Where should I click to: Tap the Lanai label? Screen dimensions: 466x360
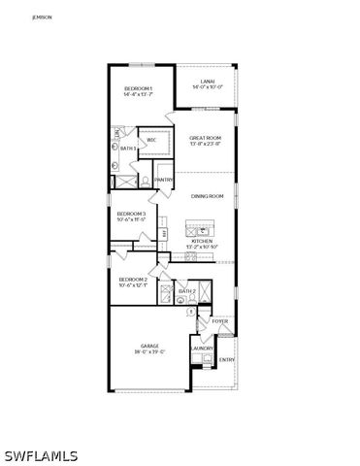tap(208, 81)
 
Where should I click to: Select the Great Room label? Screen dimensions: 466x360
tap(205, 139)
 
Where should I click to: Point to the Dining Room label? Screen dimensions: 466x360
tap(208, 197)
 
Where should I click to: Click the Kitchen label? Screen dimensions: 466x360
tap(202, 241)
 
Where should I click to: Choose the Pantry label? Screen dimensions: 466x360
tap(164, 179)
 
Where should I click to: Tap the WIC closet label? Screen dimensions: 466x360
tap(151, 141)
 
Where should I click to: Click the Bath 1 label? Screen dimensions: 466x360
tap(127, 149)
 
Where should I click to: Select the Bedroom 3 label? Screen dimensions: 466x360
tap(131, 214)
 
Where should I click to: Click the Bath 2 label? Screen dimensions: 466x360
tap(187, 291)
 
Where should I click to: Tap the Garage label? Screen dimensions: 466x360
tap(148, 346)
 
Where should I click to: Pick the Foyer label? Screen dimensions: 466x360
tap(220, 320)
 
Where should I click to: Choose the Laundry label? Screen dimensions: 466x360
tap(202, 348)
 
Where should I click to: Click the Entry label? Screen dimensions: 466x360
tap(226, 360)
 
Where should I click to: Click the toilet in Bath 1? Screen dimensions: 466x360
tap(145, 180)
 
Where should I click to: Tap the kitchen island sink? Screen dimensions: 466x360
tap(203, 230)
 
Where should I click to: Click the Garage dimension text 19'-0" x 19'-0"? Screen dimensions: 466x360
tap(148, 351)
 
